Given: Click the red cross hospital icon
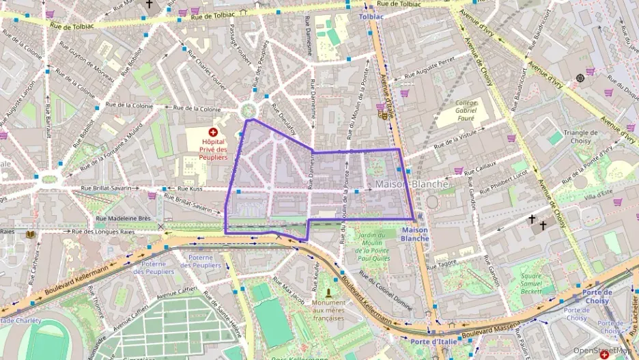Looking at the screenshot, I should click(213, 132).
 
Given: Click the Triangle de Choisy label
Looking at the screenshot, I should click(580, 137).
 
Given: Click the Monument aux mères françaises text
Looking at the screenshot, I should click(329, 310).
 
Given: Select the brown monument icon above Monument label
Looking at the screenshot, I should click(328, 292).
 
